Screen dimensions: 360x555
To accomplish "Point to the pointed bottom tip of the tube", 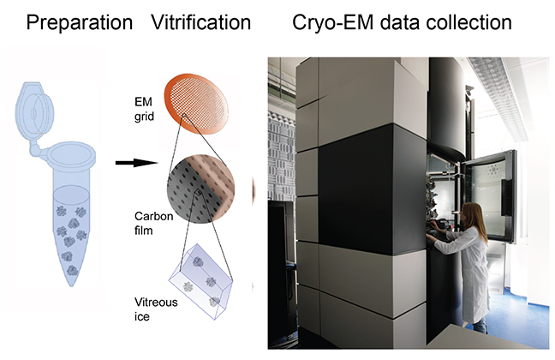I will (x=75, y=286).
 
